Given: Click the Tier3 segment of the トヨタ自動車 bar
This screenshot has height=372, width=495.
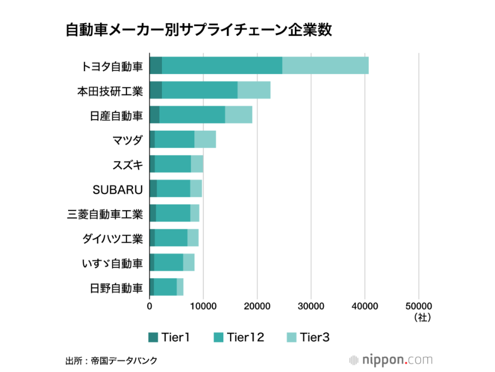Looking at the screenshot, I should [x=325, y=65].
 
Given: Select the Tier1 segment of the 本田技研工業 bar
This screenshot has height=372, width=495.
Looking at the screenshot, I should [x=156, y=90].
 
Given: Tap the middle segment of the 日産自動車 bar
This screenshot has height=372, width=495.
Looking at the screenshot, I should [x=192, y=115].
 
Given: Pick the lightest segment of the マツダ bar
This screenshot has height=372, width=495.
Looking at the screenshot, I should [x=205, y=139].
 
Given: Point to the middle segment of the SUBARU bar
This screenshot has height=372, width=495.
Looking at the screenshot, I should [x=173, y=189].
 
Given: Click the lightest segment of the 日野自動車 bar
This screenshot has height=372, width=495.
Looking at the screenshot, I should [x=180, y=287].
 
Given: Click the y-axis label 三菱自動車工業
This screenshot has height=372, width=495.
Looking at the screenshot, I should [x=105, y=214].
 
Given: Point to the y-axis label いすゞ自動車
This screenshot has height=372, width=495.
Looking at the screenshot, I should [x=112, y=263].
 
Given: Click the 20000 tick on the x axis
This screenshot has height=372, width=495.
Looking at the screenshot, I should [x=257, y=307].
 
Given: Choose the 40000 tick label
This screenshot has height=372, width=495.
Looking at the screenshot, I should [x=365, y=307].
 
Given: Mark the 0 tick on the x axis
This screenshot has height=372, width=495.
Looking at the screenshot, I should [x=149, y=307].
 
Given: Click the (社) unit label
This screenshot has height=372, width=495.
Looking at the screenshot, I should [x=419, y=318].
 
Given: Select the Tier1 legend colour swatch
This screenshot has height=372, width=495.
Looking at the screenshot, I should [x=153, y=338].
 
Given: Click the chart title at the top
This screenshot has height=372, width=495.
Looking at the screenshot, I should [x=199, y=30].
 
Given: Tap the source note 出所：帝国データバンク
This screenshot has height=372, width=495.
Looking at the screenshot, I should [x=111, y=361].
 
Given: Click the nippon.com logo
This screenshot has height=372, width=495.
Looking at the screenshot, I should [x=391, y=360].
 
